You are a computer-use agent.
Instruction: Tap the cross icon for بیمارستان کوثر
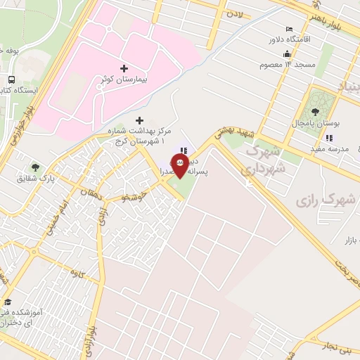124,68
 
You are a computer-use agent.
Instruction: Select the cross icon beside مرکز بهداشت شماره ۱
139,121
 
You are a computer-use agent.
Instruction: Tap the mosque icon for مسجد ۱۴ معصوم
286,54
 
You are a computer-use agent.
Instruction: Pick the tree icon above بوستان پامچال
314,110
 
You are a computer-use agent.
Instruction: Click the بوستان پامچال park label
317,123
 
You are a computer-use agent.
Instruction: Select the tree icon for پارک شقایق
35,167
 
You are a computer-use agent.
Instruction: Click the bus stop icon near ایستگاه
12,79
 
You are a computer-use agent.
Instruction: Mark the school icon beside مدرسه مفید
328,137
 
